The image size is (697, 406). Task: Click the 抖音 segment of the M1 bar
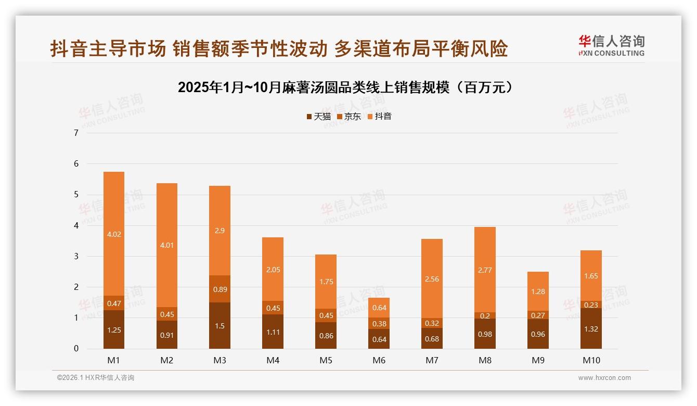(x=114, y=234)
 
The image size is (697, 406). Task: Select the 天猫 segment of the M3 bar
(x=220, y=325)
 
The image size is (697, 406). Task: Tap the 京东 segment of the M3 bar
(x=220, y=289)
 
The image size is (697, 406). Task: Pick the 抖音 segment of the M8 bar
(x=485, y=270)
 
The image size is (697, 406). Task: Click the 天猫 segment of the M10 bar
(x=591, y=328)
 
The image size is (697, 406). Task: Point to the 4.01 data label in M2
(x=166, y=245)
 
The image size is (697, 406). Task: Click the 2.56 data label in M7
(x=432, y=279)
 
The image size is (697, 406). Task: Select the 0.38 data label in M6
(x=379, y=323)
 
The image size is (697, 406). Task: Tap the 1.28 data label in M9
(x=538, y=291)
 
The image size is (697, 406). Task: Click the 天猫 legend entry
(x=318, y=117)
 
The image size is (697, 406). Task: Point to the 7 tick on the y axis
(x=76, y=133)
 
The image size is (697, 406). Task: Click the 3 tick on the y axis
(x=76, y=256)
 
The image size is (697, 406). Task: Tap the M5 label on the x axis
(x=326, y=360)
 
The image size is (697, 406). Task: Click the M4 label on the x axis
(x=273, y=360)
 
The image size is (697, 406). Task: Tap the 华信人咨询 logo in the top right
(x=611, y=46)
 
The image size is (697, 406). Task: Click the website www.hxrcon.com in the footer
(x=604, y=378)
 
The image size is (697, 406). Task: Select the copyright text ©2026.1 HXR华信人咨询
(x=96, y=378)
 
